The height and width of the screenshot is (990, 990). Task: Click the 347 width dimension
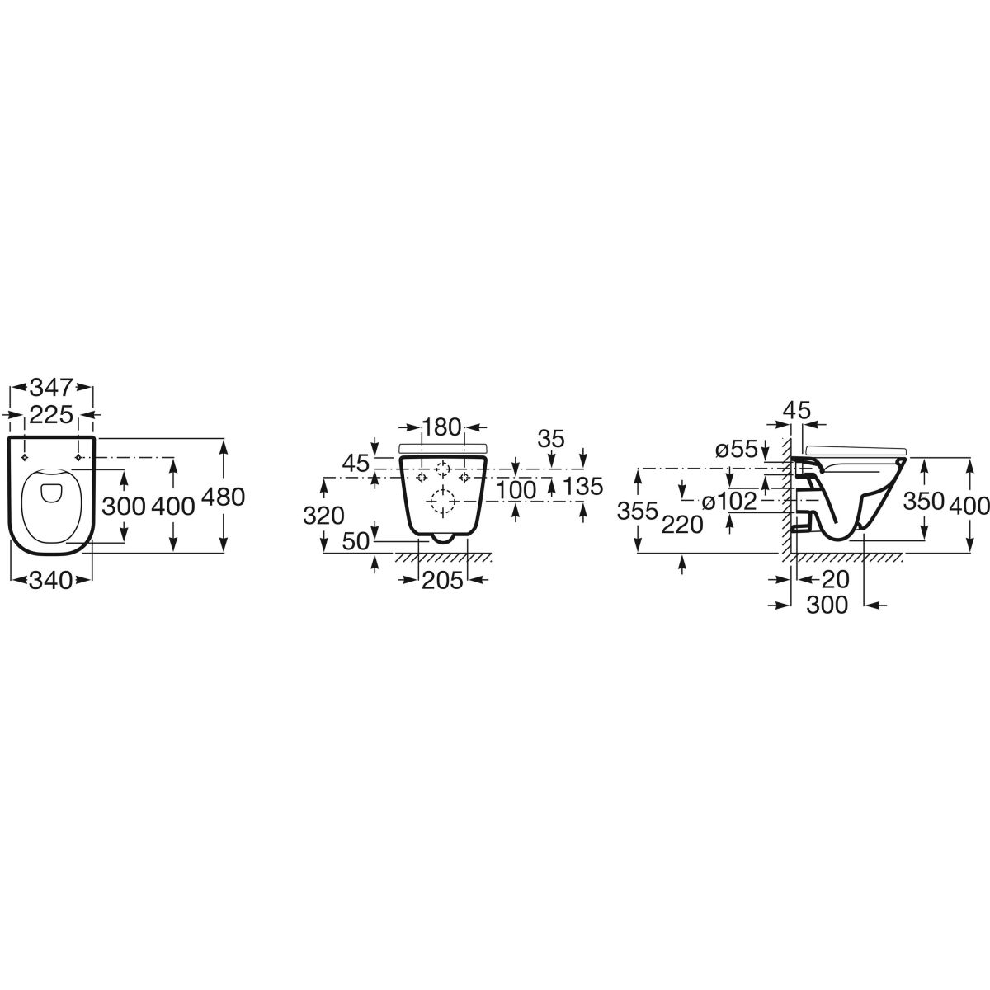coord(52,388)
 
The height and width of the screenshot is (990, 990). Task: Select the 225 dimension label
coord(51,415)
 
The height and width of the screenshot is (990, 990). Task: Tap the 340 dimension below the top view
coord(51,581)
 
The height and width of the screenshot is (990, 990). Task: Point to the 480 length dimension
coord(224,497)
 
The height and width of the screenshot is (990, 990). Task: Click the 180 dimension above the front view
coord(442,427)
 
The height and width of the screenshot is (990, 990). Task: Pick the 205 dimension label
coord(442,581)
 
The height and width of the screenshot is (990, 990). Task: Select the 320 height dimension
coord(323,516)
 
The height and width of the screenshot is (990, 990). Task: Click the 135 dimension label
coord(583,486)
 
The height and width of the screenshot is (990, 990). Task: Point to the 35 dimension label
coord(551,439)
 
